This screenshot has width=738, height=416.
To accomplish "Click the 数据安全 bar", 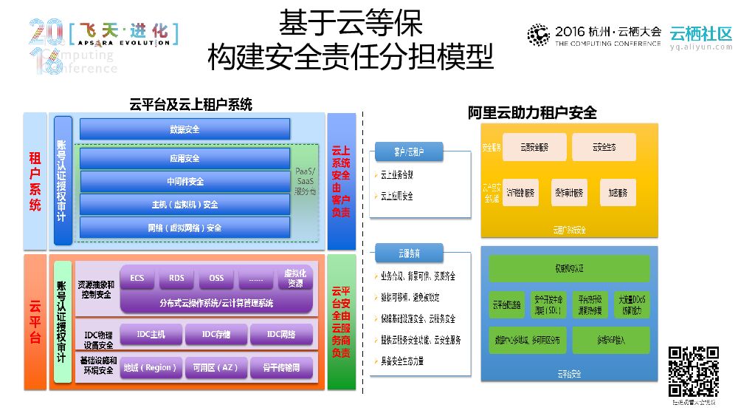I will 184,129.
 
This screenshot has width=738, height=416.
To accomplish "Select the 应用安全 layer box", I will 184,158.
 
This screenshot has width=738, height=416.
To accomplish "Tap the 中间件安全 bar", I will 184,181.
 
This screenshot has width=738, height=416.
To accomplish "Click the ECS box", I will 137,278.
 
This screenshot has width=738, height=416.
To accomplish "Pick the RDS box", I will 176,278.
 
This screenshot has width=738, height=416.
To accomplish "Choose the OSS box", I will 216,278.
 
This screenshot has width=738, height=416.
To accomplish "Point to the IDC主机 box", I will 151,335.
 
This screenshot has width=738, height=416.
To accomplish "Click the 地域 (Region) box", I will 151,367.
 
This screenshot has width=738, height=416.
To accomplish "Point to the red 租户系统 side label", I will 35,181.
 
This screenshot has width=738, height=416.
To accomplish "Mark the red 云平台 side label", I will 35,322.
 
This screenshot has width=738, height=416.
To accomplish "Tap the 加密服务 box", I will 618,192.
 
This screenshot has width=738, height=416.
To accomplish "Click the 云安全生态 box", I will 604,147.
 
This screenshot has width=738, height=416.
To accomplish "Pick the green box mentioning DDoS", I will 632,304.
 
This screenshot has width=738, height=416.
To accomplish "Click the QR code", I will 693,372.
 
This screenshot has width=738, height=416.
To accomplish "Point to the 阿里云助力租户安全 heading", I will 532,113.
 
